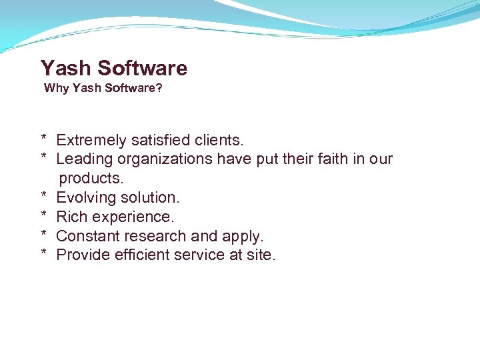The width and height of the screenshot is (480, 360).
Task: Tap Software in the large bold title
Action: tap(143, 68)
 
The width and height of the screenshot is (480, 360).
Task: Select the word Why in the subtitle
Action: tap(52, 89)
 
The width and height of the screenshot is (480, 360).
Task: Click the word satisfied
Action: tap(160, 140)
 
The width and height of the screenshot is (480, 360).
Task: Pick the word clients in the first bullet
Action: tap(219, 140)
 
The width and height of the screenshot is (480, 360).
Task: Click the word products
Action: tap(91, 179)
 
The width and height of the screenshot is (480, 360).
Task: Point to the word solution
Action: tap(149, 197)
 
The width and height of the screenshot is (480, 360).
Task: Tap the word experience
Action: tap(133, 217)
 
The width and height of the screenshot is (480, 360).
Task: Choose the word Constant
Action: tap(85, 236)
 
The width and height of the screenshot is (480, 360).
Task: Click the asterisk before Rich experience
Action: tap(43, 215)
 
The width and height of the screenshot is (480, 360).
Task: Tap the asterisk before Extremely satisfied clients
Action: tap(43, 139)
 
